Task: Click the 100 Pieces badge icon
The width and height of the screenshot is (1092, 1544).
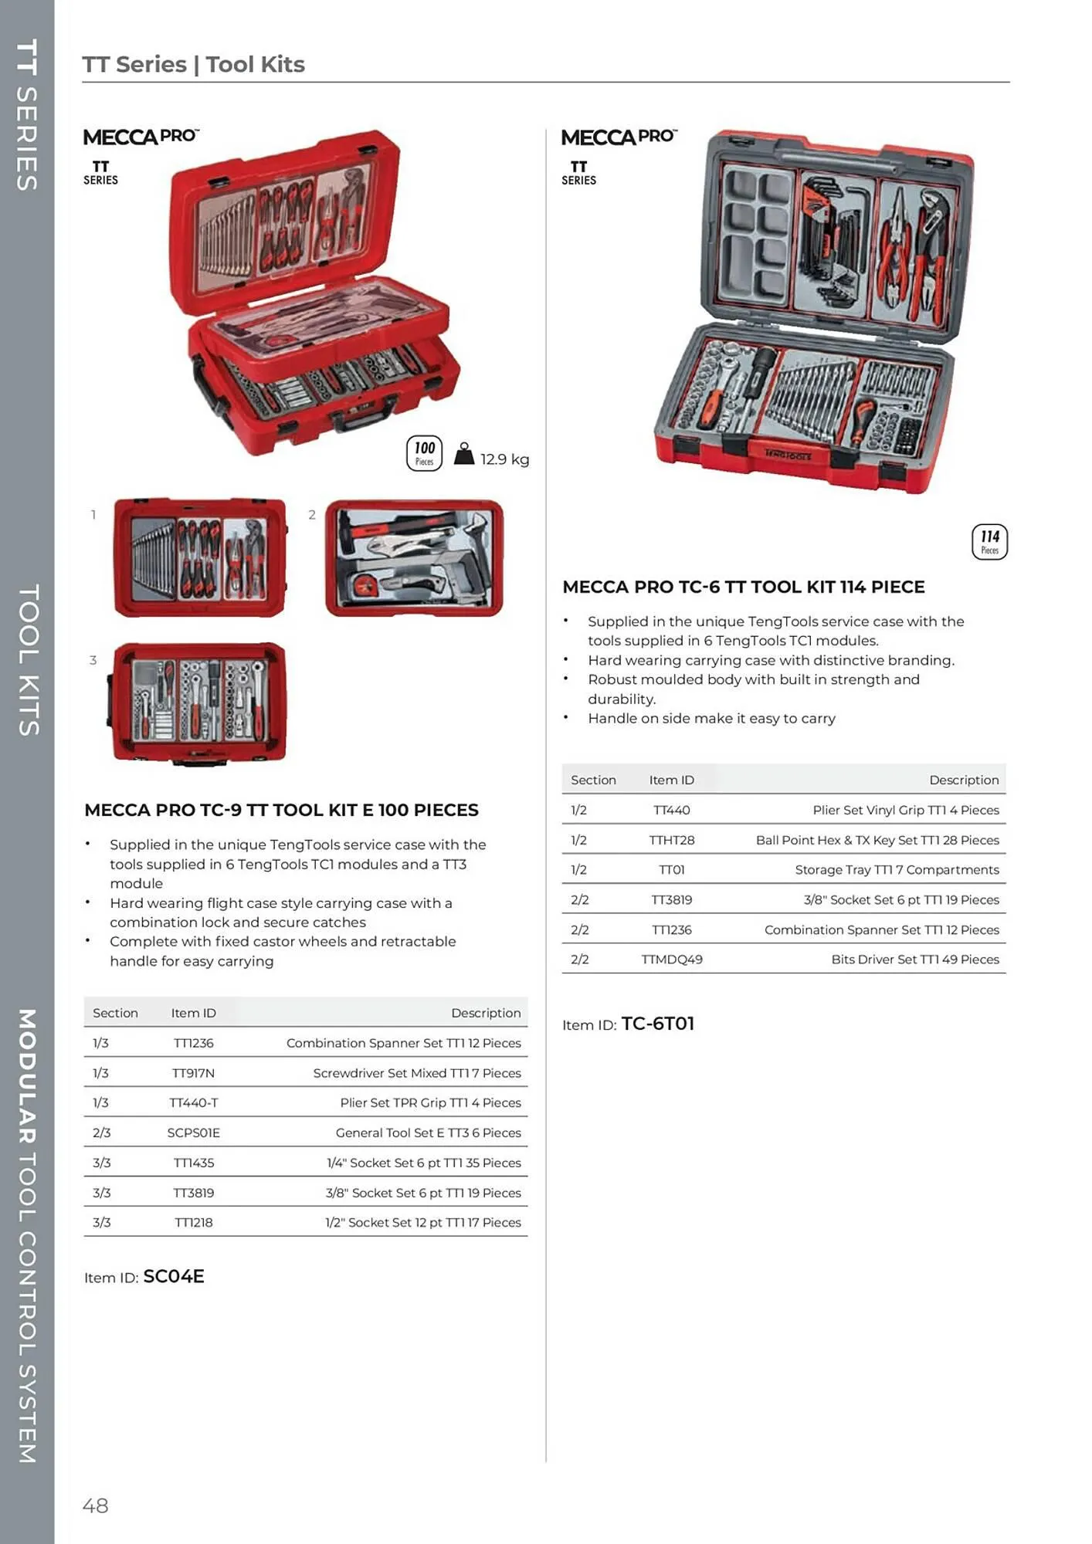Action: (x=424, y=453)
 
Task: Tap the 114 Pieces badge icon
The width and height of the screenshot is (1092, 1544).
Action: (x=989, y=541)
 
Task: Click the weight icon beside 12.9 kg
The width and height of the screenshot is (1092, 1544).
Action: (x=463, y=454)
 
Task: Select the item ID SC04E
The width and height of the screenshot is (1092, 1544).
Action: (x=174, y=1276)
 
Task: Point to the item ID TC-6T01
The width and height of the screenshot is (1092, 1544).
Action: (x=657, y=1024)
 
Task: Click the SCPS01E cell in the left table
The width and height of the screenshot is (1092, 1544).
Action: (x=193, y=1133)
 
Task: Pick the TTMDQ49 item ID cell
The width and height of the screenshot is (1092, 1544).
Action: (x=671, y=960)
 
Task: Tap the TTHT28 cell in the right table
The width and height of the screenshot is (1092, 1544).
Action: (x=671, y=840)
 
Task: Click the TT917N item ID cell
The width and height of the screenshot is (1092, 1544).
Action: (x=193, y=1073)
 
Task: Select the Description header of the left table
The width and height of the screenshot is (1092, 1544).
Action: (x=486, y=1013)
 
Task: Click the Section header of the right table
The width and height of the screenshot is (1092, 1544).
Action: (x=593, y=780)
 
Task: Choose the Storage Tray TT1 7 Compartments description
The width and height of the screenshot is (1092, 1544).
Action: (x=897, y=870)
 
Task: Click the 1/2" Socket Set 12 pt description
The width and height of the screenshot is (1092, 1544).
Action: (x=422, y=1222)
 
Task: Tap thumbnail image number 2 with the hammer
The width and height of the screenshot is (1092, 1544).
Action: (x=415, y=558)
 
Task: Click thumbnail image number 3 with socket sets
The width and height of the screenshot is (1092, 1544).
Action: (x=199, y=703)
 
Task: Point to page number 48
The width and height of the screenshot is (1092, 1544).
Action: (x=96, y=1505)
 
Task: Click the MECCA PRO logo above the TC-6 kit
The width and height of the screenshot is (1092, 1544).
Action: (x=619, y=137)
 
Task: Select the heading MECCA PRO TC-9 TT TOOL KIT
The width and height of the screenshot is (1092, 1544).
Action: (x=281, y=810)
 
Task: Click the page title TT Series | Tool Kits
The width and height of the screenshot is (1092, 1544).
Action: (x=194, y=64)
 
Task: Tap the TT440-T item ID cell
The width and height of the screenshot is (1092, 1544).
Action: (x=193, y=1102)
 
